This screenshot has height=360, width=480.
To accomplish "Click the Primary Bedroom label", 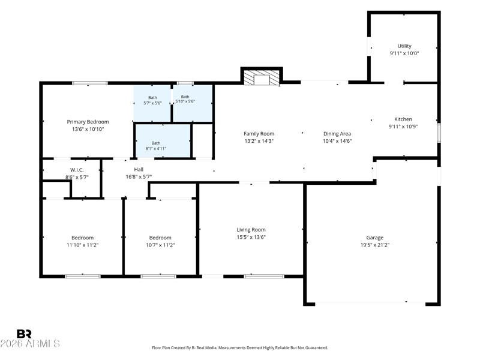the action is click(x=88, y=122).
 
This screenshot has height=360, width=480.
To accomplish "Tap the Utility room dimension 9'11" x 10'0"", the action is click(x=404, y=53).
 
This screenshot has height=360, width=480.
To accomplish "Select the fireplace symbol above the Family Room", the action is click(x=262, y=78).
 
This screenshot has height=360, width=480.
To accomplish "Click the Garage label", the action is click(x=374, y=238).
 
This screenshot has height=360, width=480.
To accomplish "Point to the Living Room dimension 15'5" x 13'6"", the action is click(x=251, y=237).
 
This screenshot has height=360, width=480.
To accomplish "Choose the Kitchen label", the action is click(x=403, y=119).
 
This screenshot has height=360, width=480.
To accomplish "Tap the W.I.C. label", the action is click(x=77, y=170).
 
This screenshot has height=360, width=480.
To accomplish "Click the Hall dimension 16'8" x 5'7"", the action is click(x=139, y=176).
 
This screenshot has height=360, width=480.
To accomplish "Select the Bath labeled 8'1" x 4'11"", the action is click(x=156, y=146).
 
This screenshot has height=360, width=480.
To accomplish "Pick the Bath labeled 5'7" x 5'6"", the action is click(x=152, y=100).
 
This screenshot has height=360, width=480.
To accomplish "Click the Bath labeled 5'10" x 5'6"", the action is click(x=185, y=99).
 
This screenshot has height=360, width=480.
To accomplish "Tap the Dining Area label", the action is click(x=337, y=134).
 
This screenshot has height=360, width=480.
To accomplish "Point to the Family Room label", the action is click(x=259, y=134).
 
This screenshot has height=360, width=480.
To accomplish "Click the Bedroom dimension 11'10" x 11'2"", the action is click(x=82, y=245).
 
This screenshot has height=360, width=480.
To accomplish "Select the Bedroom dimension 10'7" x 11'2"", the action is click(x=160, y=245).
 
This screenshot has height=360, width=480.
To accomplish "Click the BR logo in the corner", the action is click(x=24, y=334).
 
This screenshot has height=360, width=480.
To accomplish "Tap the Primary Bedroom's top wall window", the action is click(x=90, y=83).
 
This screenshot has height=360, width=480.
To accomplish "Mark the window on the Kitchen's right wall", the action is click(x=439, y=133).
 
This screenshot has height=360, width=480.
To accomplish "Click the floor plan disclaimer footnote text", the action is click(x=239, y=348).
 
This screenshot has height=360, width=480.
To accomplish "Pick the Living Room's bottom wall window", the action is click(x=264, y=277).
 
